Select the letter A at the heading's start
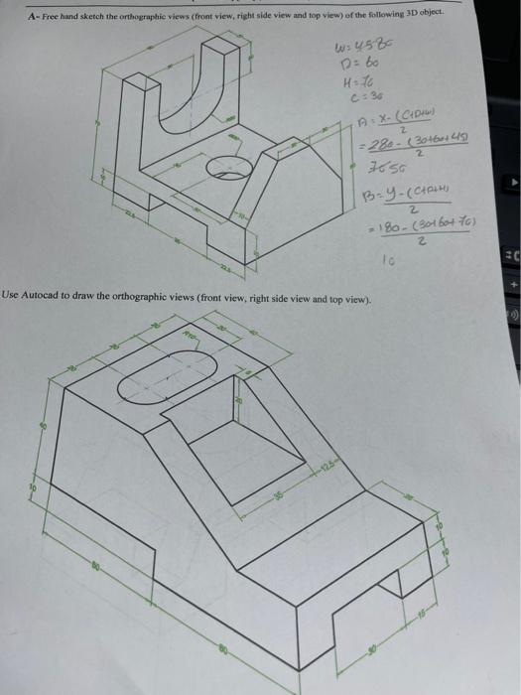33,16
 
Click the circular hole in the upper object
229,170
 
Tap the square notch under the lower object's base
353,622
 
